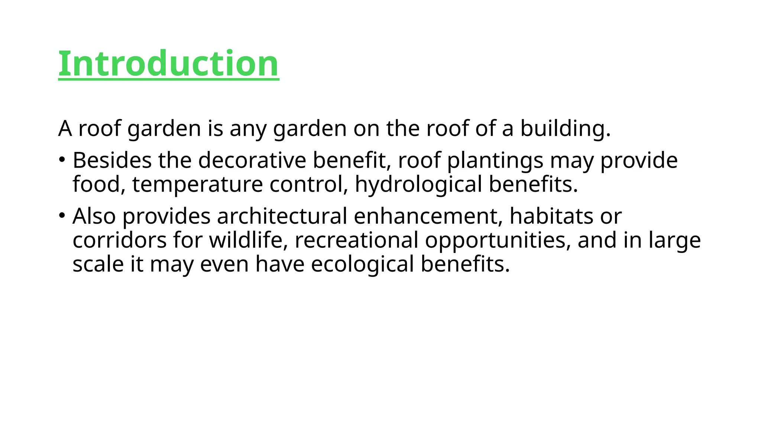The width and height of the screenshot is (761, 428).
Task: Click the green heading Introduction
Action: point(168,64)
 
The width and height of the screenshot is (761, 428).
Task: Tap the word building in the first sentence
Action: point(565,129)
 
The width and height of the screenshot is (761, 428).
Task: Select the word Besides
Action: point(112,160)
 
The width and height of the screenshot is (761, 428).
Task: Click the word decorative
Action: point(252,160)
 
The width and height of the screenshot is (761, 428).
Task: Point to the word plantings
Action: point(495,160)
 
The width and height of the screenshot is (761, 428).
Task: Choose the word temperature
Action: point(197,184)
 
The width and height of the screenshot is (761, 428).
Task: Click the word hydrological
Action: point(418,184)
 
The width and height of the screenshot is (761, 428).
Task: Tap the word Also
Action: point(94,216)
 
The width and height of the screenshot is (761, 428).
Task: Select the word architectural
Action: point(282,216)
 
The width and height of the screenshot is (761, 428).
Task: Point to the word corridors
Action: point(119,240)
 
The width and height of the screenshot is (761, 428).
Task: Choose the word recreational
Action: point(356,240)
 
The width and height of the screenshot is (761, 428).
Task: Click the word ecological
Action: point(362,264)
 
